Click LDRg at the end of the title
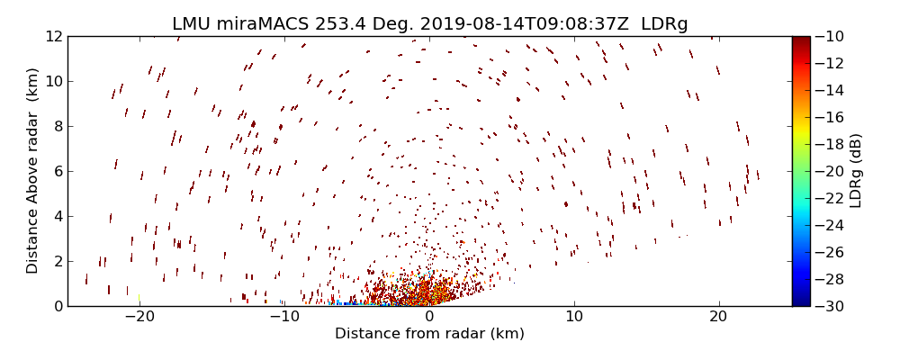[664, 24]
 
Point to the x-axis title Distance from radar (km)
[429, 334]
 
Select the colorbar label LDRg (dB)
[856, 171]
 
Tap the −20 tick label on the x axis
[139, 317]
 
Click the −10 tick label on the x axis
[284, 317]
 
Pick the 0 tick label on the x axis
[429, 317]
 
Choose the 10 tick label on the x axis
[574, 317]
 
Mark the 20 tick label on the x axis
[718, 317]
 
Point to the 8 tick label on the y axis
[57, 126]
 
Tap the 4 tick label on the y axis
[57, 216]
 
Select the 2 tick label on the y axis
[57, 261]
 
